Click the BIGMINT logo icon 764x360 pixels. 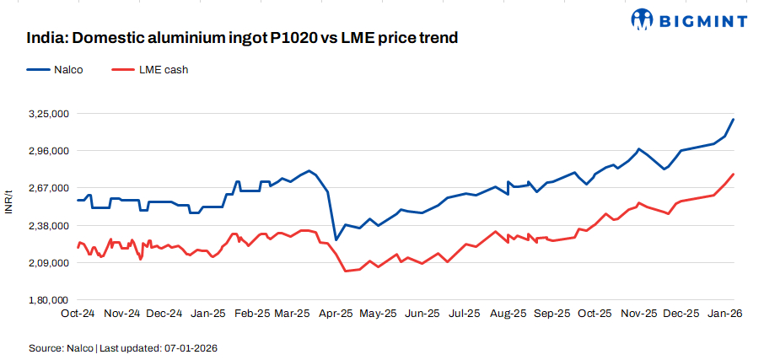(x=643, y=19)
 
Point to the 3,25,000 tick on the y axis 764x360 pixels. (x=49, y=113)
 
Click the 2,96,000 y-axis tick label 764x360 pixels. (x=49, y=151)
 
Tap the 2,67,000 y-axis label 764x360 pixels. (x=49, y=188)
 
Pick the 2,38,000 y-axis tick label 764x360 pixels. (x=49, y=226)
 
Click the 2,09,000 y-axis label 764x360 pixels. (x=49, y=263)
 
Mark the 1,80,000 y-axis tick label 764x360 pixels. (x=49, y=300)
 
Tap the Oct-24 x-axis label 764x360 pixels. (x=78, y=314)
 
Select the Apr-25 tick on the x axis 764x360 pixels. (x=336, y=314)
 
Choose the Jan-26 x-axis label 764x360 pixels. (x=724, y=314)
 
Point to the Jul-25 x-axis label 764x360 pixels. (x=465, y=314)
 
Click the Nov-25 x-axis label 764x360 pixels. (x=638, y=314)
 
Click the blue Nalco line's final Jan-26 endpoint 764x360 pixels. (x=734, y=119)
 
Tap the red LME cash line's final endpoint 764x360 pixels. (x=734, y=174)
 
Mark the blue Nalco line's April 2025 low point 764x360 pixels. (x=336, y=240)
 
